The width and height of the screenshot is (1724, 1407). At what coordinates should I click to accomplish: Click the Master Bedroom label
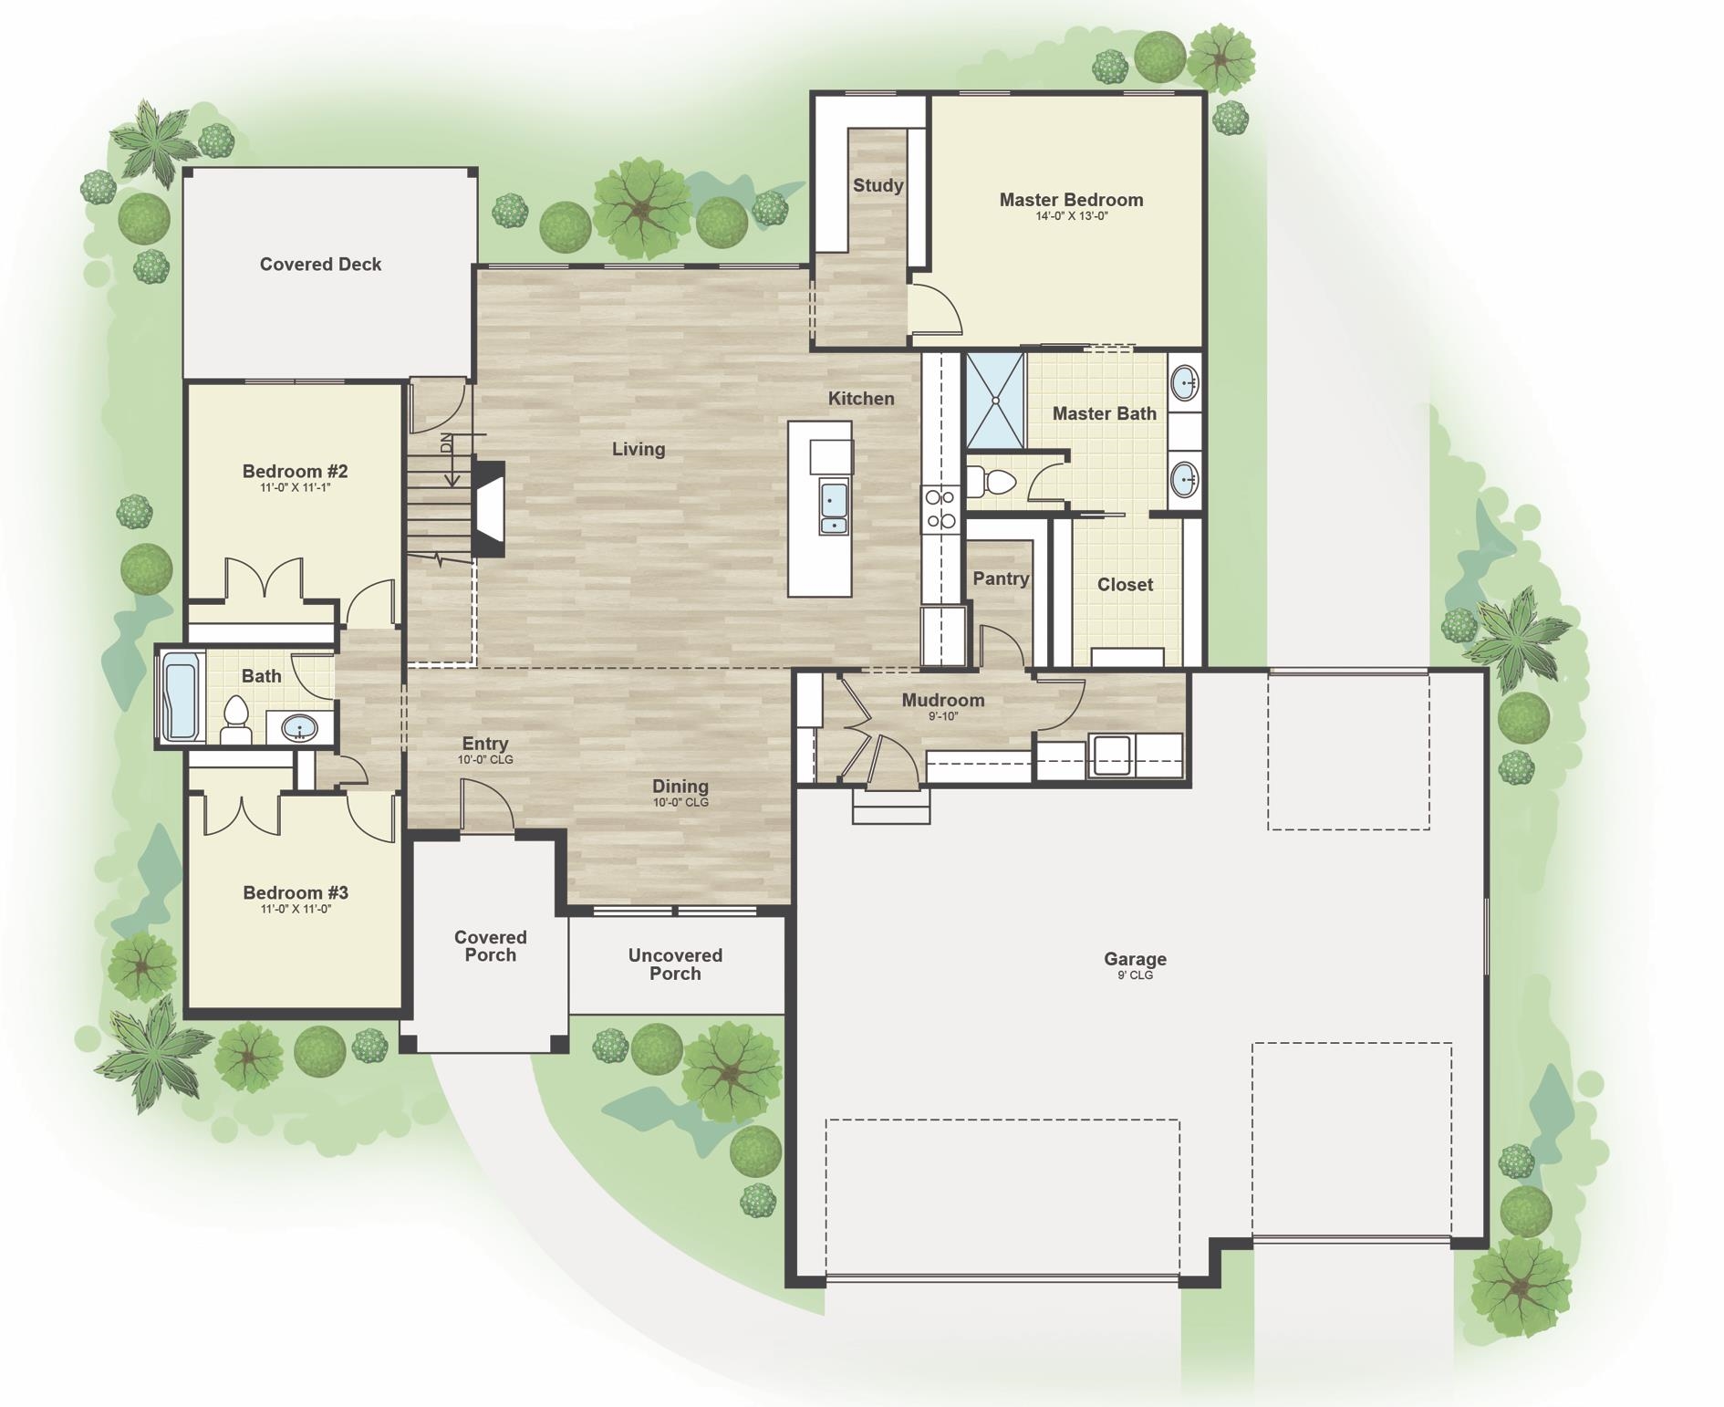click(x=1071, y=200)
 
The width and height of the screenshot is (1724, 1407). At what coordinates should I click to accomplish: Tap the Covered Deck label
click(x=320, y=265)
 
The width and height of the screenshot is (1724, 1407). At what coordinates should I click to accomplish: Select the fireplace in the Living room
click(x=488, y=508)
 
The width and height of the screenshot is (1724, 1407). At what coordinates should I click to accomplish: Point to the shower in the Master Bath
click(x=995, y=401)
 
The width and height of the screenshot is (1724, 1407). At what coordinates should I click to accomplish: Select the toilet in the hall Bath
click(x=236, y=720)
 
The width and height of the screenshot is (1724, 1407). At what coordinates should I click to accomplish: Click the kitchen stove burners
click(x=940, y=509)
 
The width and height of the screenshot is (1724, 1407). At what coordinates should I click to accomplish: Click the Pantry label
click(x=1001, y=578)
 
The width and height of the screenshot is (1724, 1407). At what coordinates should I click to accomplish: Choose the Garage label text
click(x=1135, y=959)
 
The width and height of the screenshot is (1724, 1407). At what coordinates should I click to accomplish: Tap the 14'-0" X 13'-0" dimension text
click(x=1071, y=217)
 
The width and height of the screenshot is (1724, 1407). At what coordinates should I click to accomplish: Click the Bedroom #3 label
click(x=296, y=893)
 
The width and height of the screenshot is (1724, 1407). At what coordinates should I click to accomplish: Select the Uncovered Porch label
click(x=675, y=964)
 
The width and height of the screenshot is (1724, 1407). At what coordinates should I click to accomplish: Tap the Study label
click(x=878, y=186)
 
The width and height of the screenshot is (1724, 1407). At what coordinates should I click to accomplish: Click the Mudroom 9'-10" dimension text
click(x=943, y=716)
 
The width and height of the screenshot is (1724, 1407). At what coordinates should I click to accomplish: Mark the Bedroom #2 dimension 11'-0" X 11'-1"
click(x=296, y=488)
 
